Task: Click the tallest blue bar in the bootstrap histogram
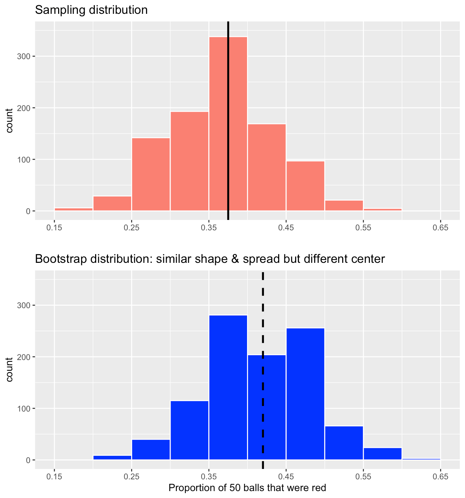tap(228, 387)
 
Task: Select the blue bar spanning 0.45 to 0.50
tap(305, 394)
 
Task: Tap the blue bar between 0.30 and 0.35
tap(189, 431)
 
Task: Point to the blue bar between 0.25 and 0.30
tap(151, 450)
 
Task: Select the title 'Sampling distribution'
tap(91, 10)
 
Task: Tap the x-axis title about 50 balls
tap(247, 488)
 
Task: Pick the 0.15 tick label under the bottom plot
tap(54, 477)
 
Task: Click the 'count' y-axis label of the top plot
tap(9, 120)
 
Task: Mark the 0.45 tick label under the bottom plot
tap(286, 477)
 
